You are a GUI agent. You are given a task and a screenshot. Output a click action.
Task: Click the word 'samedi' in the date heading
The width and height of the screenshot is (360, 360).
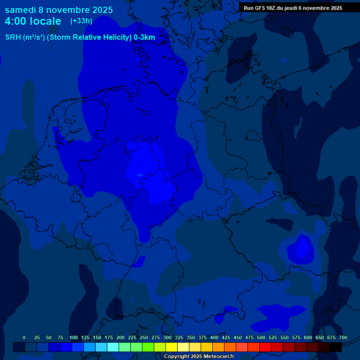[x=20, y=10]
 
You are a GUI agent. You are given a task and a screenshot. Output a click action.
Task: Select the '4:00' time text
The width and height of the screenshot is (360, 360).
[x=15, y=21]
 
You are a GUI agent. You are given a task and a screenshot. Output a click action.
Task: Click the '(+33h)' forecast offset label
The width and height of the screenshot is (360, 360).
[x=81, y=21]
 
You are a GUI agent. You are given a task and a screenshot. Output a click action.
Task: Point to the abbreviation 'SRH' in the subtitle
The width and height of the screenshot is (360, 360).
[x=13, y=37]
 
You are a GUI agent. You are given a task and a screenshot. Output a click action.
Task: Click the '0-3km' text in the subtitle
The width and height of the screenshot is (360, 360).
[x=144, y=37]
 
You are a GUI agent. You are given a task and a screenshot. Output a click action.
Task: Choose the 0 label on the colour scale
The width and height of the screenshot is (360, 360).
[x=24, y=337]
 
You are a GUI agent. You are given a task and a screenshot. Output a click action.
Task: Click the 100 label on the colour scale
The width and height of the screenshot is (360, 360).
[x=74, y=337]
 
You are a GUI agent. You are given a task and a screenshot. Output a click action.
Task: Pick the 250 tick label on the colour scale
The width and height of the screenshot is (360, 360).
[x=144, y=337]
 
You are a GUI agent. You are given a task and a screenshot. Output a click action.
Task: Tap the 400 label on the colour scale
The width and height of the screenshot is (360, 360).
[x=214, y=337]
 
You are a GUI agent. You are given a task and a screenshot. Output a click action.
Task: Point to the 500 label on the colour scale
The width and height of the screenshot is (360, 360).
[x=261, y=337]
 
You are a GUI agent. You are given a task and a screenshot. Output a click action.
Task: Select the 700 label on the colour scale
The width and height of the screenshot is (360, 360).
[x=343, y=337]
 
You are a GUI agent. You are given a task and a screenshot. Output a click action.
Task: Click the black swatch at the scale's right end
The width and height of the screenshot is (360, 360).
[x=336, y=347]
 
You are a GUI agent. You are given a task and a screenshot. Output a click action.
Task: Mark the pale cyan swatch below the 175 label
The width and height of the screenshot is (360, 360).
[x=113, y=347]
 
